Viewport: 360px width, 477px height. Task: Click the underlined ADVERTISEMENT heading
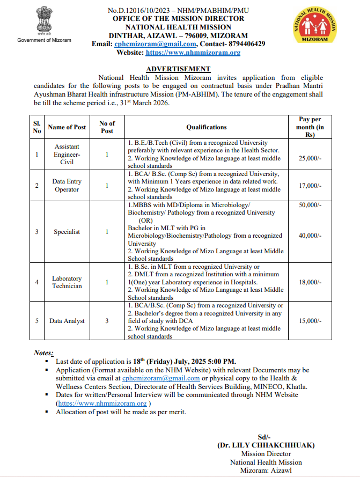point(178,69)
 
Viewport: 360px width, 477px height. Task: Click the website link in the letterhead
point(193,53)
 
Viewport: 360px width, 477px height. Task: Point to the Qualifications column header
point(207,127)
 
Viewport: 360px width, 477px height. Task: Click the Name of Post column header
point(67,127)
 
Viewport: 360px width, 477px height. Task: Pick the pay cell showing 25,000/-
point(310,158)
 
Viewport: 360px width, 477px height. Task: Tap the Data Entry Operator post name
point(67,186)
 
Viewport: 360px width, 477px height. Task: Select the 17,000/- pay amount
point(310,186)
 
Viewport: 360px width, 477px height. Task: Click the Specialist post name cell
point(67,232)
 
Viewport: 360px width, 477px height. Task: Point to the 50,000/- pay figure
point(310,206)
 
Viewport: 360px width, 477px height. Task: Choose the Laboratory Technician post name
point(67,282)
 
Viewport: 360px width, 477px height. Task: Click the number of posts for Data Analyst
point(107,321)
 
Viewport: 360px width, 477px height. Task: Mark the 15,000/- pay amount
point(310,321)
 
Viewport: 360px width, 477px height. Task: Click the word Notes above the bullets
point(43,353)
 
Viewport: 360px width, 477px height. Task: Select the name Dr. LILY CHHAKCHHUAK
point(266,445)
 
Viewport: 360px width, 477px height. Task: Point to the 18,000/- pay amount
point(310,282)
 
